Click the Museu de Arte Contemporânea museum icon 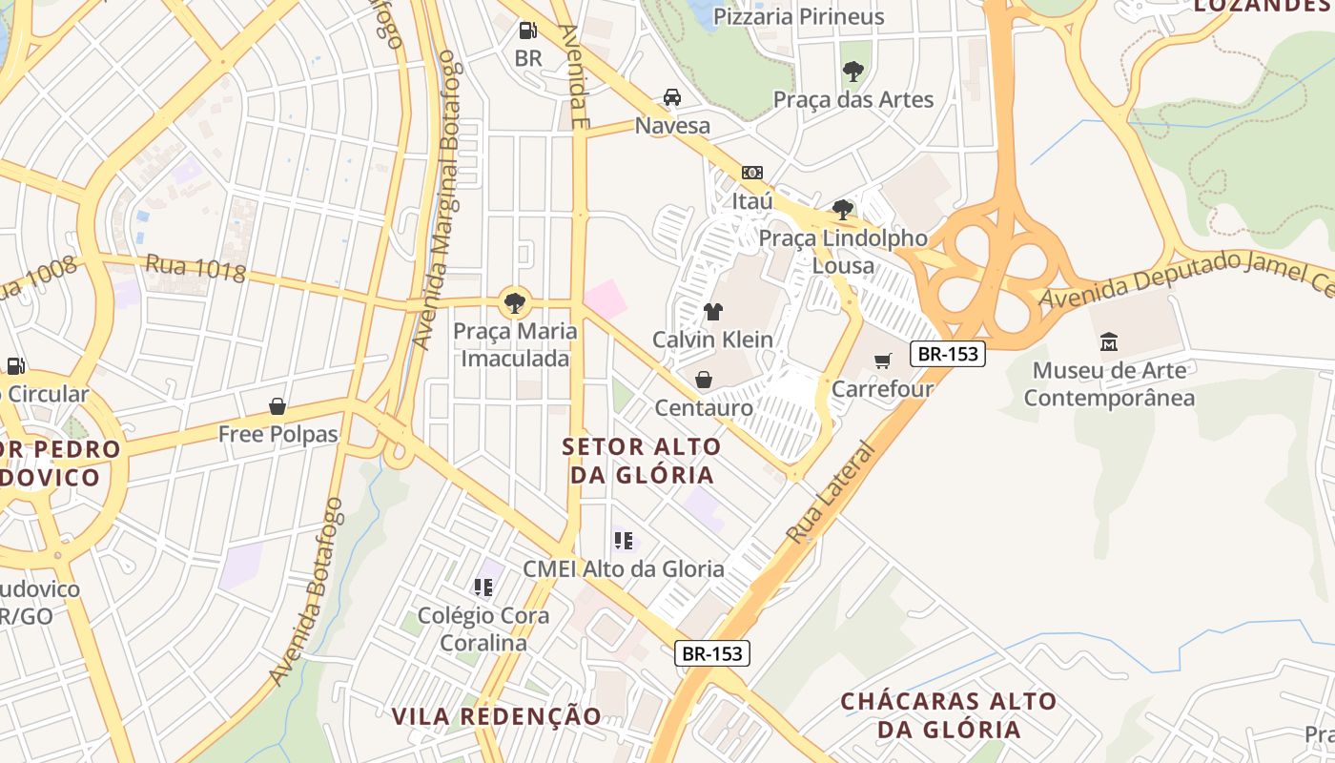point(1108,341)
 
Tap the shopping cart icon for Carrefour point(882,361)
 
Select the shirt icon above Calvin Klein point(712,311)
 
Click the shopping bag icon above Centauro point(704,380)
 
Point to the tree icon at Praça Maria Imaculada point(515,303)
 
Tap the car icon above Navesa point(672,97)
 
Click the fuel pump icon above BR point(527,31)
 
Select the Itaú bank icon point(751,173)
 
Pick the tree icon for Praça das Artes point(852,71)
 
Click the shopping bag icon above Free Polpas point(277,406)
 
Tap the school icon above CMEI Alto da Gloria point(624,541)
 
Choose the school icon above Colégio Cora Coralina point(483,587)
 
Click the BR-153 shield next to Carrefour point(947,354)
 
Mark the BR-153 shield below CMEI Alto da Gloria point(712,653)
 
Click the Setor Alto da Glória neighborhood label point(642,461)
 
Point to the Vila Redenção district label point(497,716)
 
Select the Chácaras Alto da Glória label point(949,715)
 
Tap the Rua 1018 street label point(195,268)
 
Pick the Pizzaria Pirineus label point(799,16)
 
